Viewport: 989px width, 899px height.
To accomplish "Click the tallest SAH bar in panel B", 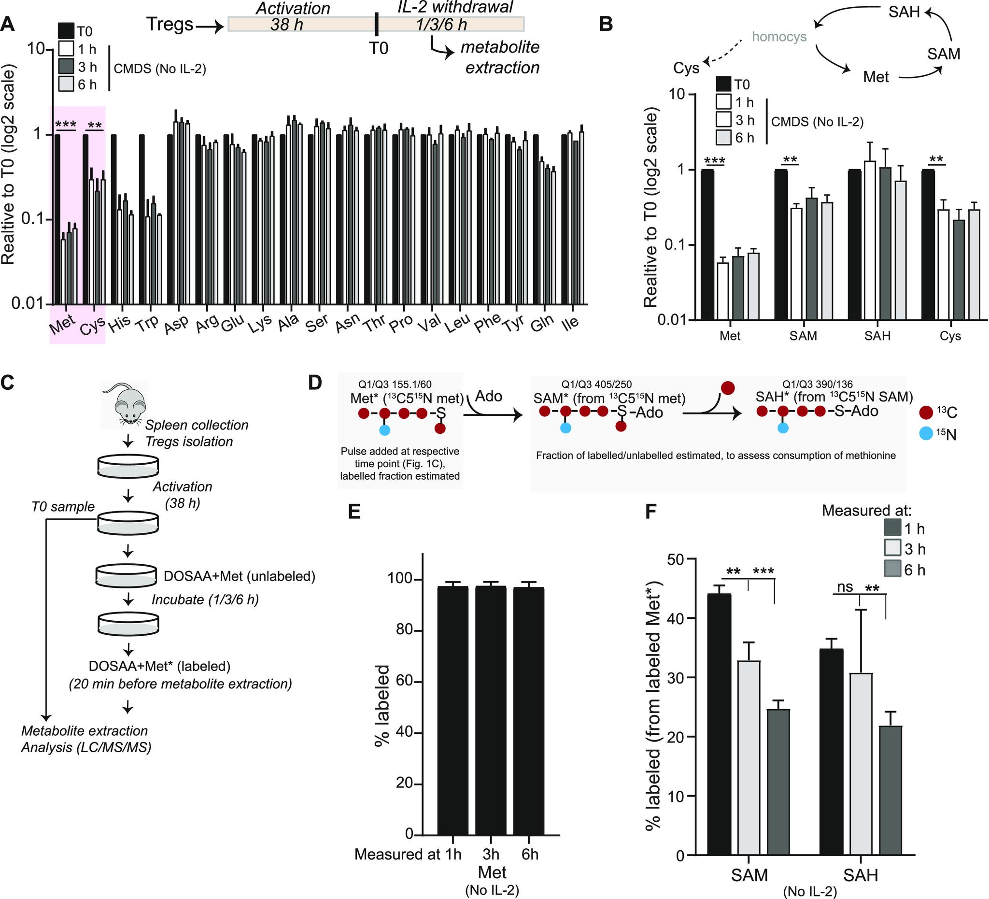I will pos(870,241).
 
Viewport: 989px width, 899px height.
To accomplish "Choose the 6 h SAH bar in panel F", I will pos(890,791).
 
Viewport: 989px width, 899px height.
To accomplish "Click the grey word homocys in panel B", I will pos(779,37).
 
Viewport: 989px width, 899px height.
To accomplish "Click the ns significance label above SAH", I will pos(845,587).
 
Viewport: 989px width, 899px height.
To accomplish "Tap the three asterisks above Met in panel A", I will pos(65,125).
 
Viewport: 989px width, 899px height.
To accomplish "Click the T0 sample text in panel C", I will pos(63,506).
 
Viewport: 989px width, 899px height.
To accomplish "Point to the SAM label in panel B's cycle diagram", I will pos(944,54).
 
